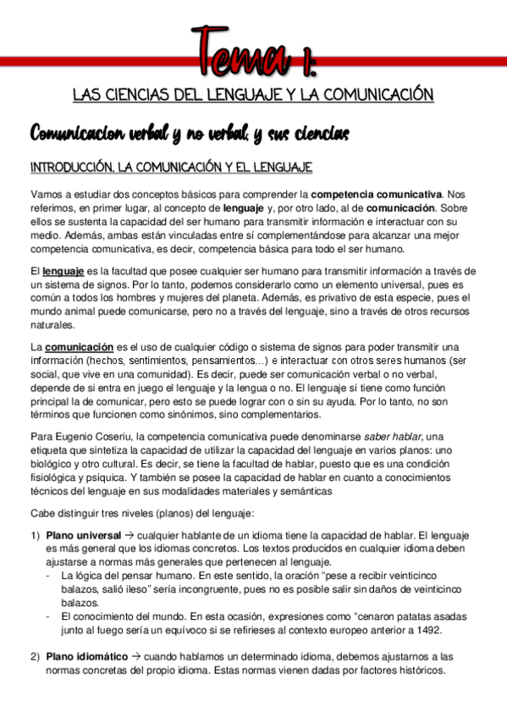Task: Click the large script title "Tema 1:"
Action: (x=254, y=52)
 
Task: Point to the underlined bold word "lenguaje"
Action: (x=63, y=271)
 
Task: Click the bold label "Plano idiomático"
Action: (x=87, y=657)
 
